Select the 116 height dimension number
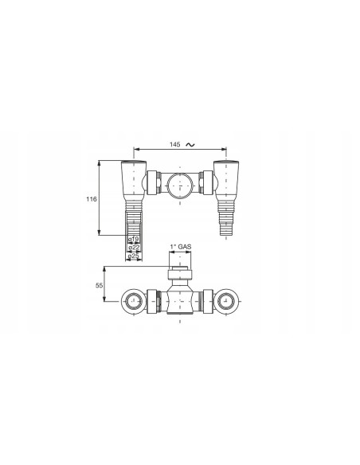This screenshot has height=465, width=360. tap(92, 199)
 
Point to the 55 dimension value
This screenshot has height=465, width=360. tap(98, 283)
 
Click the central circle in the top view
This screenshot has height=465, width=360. tap(181, 188)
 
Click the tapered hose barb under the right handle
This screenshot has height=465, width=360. tap(225, 216)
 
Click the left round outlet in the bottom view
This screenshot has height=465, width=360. tap(133, 301)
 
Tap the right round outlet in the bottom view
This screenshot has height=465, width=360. tap(228, 301)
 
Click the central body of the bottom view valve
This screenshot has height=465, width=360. tap(181, 301)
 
